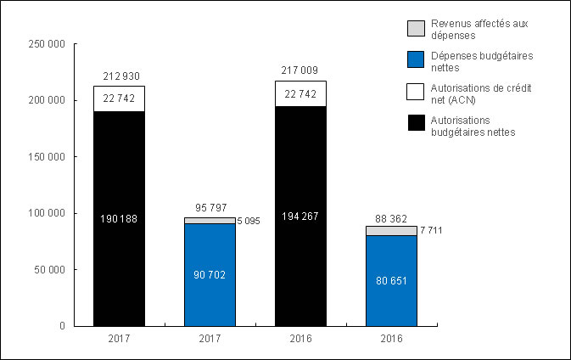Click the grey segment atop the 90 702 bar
click(x=210, y=221)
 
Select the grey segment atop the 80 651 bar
click(x=391, y=231)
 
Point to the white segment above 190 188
click(x=120, y=98)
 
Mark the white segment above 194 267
click(x=300, y=93)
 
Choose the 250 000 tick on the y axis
click(x=48, y=44)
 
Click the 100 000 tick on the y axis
click(x=48, y=213)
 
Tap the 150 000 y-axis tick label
click(x=48, y=157)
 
